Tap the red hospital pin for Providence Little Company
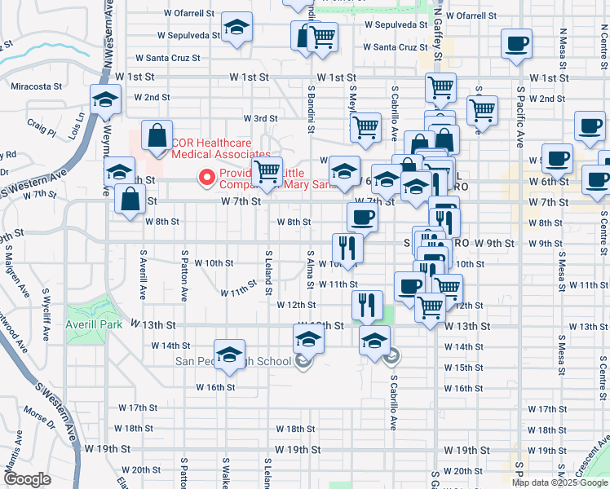pos(207,176)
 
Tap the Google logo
pos(26,478)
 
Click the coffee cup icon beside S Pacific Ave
pos(516,44)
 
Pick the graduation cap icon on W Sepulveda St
pos(237,29)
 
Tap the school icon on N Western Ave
pos(104,101)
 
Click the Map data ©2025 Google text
pos(559,482)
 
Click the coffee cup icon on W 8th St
pos(362,217)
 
